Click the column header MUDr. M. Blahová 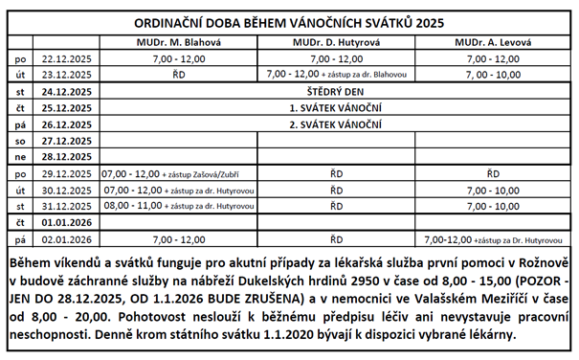(177, 43)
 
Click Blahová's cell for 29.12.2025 (177, 173)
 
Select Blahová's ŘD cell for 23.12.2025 (177, 74)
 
